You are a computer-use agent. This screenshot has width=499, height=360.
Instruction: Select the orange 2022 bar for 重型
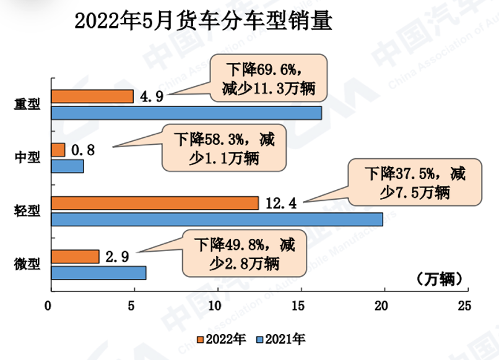tap(92, 96)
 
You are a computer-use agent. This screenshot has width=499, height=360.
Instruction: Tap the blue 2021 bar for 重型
tap(186, 113)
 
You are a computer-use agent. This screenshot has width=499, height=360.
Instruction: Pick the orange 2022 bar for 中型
tap(58, 150)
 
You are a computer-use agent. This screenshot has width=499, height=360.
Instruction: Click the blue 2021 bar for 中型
tap(67, 166)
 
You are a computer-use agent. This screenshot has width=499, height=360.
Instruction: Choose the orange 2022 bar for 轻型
tap(155, 203)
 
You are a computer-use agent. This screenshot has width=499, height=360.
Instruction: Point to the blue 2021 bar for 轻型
tap(217, 219)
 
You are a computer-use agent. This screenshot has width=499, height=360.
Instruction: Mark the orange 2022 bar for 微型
tap(75, 256)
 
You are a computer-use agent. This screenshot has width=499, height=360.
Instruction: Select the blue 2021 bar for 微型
tap(98, 273)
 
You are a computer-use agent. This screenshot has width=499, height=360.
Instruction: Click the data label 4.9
tap(149, 96)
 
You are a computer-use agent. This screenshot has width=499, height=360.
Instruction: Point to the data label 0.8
tap(83, 150)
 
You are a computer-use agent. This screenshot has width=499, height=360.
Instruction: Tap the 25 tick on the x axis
tap(464, 305)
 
